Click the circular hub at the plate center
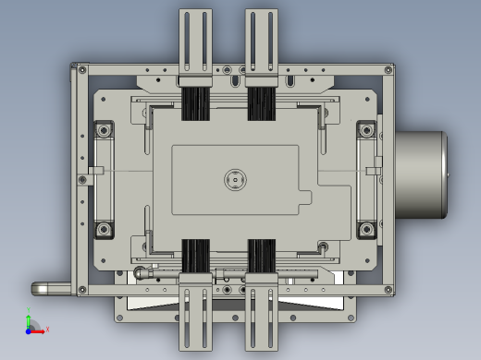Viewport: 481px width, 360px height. [234, 179]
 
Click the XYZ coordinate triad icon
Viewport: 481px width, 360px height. [31, 324]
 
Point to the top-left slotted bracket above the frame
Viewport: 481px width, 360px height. [195, 42]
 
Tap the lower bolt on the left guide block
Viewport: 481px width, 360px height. [104, 228]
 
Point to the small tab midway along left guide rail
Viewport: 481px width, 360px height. [96, 171]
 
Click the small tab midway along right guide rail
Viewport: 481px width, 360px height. [375, 171]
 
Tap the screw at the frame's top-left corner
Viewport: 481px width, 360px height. [82, 70]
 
